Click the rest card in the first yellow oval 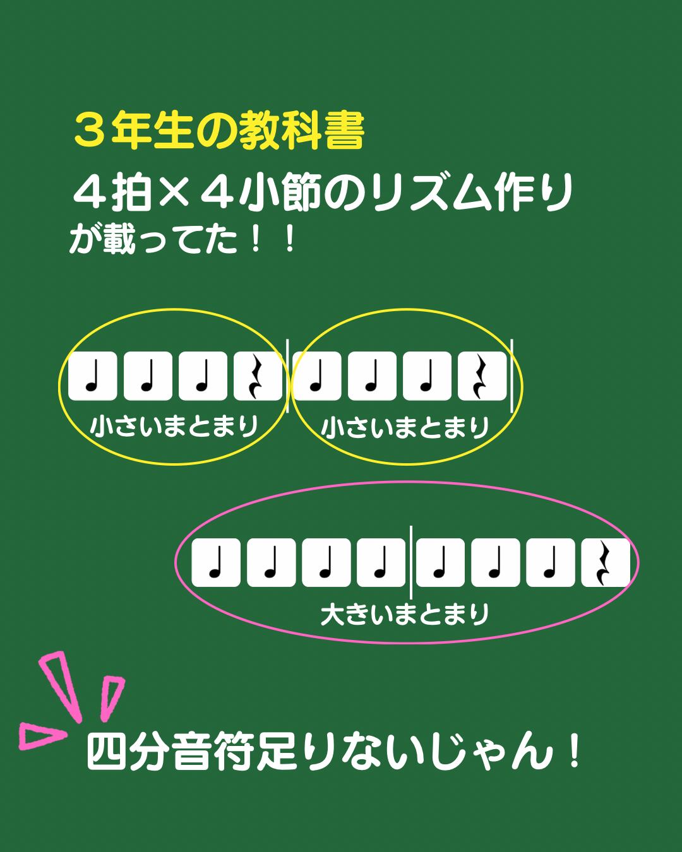point(258,377)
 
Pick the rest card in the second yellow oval point(482,377)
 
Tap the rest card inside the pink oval point(606,563)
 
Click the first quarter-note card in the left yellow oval point(92,377)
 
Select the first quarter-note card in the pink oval point(216,563)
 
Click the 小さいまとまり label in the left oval point(174,427)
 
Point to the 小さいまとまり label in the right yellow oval point(405,429)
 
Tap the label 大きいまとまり point(405,614)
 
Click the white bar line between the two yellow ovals point(288,377)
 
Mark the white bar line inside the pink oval point(410,562)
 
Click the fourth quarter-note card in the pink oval point(381,563)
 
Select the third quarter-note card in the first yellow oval point(203,377)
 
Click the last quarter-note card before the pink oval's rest point(550,563)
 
